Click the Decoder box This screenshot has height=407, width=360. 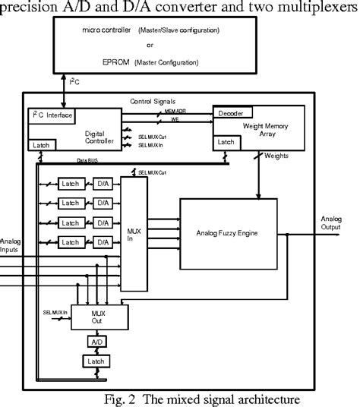point(231,113)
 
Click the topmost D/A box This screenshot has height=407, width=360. point(103,185)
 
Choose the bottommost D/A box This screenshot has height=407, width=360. point(103,241)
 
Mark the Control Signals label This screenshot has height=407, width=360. point(153,101)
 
